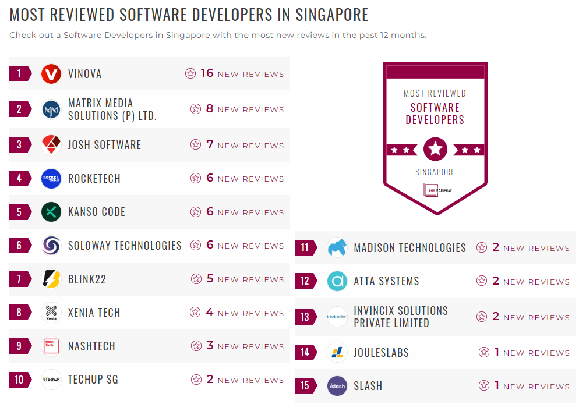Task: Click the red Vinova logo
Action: point(51,74)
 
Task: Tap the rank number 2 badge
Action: point(19,109)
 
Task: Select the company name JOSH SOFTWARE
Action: point(104,145)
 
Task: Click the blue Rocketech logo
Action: point(51,179)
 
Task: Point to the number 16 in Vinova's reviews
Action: point(207,73)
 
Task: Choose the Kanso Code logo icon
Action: point(51,212)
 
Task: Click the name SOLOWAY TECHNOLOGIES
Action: point(125,246)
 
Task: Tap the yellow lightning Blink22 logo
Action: point(51,279)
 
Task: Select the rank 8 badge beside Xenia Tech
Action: point(19,313)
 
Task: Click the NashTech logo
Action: point(51,346)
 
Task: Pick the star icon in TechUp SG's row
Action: point(196,380)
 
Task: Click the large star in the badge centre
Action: point(435,150)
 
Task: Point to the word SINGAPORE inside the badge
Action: point(435,172)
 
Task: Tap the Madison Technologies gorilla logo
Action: point(337,248)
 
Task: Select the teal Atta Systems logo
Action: point(337,281)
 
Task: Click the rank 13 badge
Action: point(305,317)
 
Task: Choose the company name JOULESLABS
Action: point(381,353)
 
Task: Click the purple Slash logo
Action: point(337,386)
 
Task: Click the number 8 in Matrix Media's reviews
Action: point(210,109)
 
